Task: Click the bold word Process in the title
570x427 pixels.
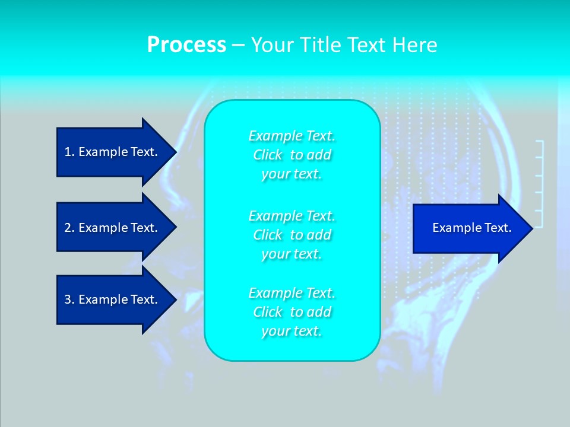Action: (186, 45)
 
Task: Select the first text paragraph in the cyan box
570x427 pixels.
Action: (292, 155)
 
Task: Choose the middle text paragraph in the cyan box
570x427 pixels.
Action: (292, 235)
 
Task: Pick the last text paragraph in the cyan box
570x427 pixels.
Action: (292, 312)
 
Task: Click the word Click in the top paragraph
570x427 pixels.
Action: (268, 155)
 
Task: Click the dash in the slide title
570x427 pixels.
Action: (238, 45)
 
